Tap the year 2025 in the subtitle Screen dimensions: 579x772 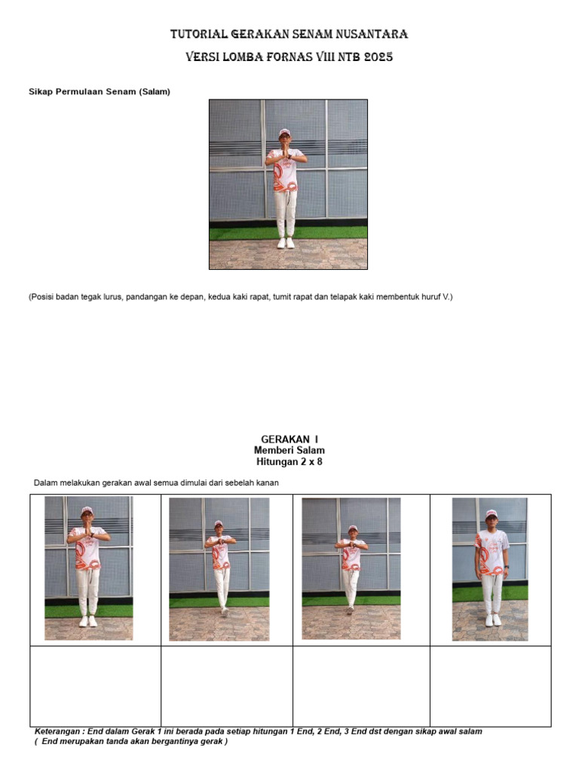(x=378, y=57)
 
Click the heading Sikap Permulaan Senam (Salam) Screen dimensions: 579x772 (x=100, y=91)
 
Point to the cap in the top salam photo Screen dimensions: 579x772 (x=284, y=132)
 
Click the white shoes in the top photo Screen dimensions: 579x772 (x=286, y=243)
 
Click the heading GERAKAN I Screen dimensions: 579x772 (x=289, y=440)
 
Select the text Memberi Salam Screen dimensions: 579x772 (x=289, y=450)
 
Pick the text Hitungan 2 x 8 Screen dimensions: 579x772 (x=289, y=462)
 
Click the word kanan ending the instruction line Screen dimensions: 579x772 (x=268, y=483)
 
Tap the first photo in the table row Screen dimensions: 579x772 (x=89, y=568)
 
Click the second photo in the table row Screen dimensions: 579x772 (x=219, y=569)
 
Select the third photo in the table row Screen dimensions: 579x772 (x=351, y=568)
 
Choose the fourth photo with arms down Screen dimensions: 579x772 (x=490, y=569)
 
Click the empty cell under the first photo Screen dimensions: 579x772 (x=96, y=686)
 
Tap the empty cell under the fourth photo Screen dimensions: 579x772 (x=490, y=686)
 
